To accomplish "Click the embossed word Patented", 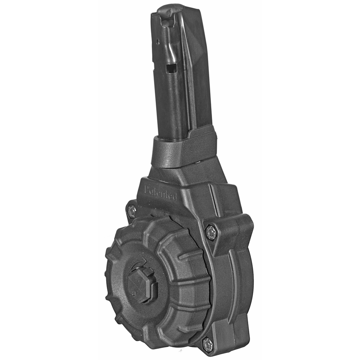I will coord(160,193).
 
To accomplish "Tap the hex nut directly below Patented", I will coord(131,211).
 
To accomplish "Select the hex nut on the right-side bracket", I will coord(211,233).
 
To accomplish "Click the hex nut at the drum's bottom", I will coord(208,345).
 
